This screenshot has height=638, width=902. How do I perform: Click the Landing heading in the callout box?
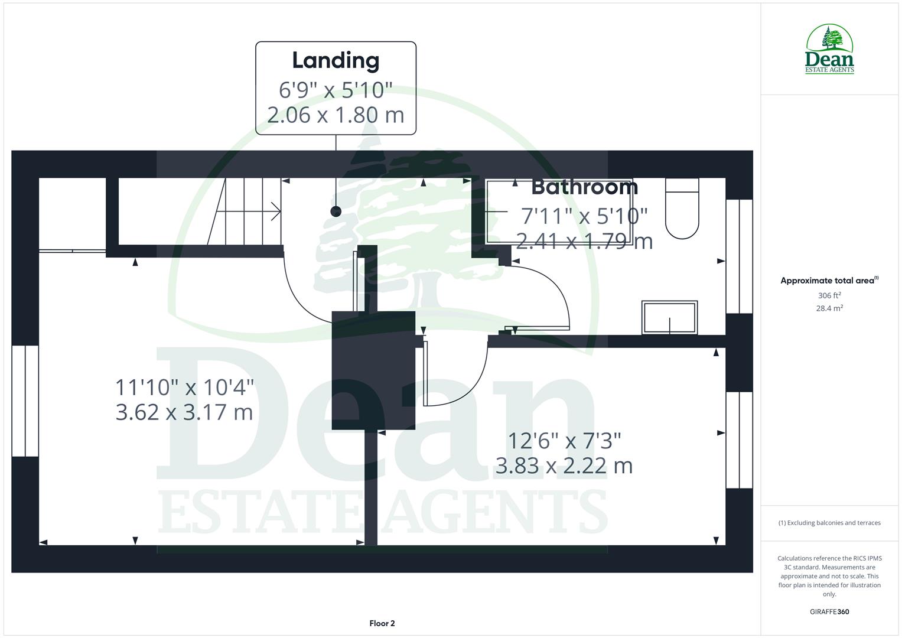coord(336,60)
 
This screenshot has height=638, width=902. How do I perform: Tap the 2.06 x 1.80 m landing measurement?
coord(336,115)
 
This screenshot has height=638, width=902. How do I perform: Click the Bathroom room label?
coord(584,187)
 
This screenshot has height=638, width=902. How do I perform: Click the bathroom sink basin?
coord(670,318)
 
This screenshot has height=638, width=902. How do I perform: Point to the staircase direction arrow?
coord(275,211)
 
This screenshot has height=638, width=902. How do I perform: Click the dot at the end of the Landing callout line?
coord(336,211)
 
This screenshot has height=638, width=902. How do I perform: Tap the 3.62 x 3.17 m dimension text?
coord(184,412)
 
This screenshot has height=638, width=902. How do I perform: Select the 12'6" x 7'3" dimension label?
coord(565,441)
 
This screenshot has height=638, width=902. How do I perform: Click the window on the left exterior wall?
coord(25,401)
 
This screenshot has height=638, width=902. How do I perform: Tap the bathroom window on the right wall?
coord(739,256)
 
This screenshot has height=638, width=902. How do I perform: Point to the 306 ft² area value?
coord(829,295)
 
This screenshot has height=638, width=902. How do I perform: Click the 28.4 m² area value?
coord(829,308)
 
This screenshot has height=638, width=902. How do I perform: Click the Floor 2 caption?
coord(382,623)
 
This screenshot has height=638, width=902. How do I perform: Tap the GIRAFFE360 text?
coord(829,612)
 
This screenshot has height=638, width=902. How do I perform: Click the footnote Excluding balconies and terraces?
coord(829,523)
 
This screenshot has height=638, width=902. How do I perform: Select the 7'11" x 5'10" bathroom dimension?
coord(584,216)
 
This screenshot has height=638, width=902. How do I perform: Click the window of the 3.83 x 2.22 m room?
coord(739,440)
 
